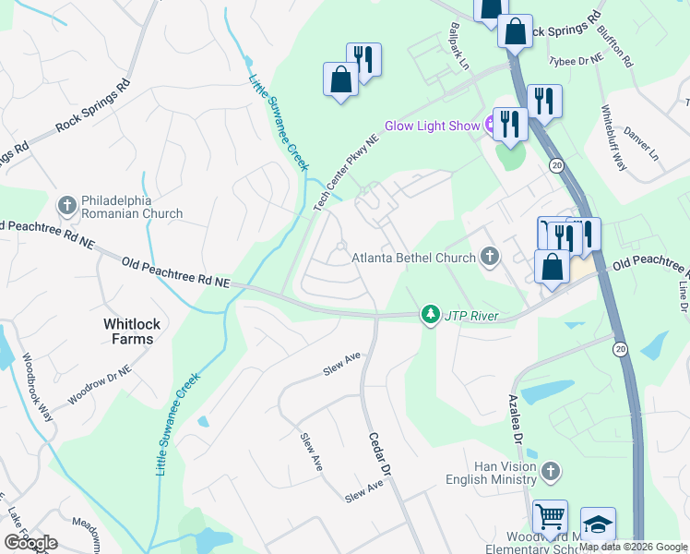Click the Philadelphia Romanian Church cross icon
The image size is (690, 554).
coord(66,204)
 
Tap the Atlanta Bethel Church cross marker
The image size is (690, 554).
coord(489,257)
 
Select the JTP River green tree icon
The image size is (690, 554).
coord(430,316)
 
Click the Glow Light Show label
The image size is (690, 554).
coord(433,126)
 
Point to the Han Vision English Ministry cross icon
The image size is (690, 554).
coord(550,472)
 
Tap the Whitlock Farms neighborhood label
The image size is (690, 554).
coord(128,331)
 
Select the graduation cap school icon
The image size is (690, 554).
coord(598,524)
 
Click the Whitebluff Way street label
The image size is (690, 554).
coord(613,138)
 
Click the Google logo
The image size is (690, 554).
coord(30,543)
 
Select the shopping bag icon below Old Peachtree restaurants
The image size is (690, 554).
coord(552,268)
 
